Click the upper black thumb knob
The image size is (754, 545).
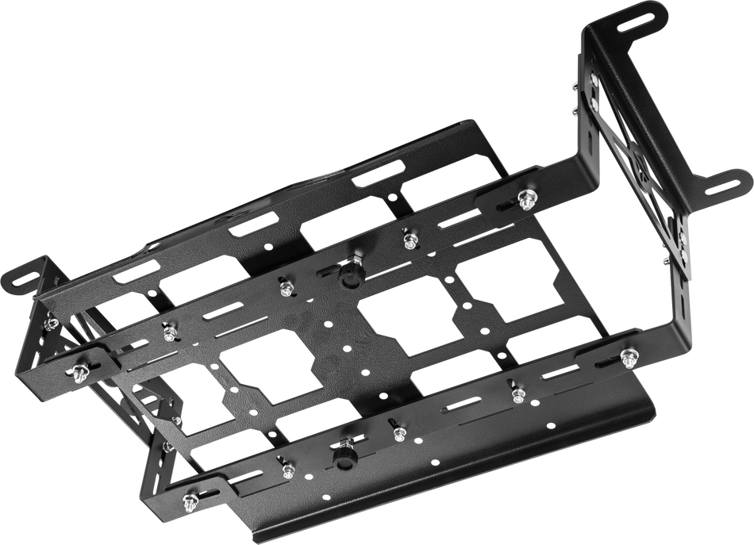pos(347,275)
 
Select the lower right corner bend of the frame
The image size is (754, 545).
pos(675,333)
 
